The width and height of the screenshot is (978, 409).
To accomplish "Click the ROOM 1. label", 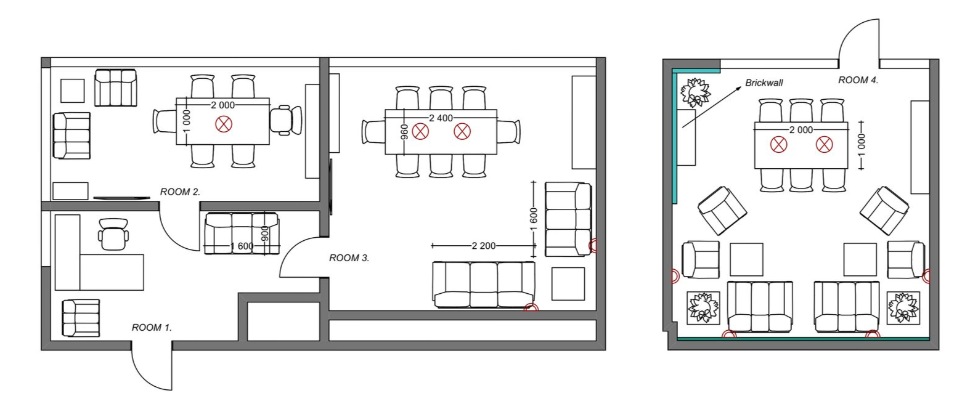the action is tap(152, 327).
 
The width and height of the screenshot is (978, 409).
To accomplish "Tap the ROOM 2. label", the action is tap(180, 192).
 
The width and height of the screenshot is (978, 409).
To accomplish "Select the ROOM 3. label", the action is tap(349, 258).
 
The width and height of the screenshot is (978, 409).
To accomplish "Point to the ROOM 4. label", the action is tap(858, 80).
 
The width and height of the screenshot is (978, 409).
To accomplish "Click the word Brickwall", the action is tap(764, 83).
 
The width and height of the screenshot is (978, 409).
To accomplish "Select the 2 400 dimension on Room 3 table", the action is tap(441, 118).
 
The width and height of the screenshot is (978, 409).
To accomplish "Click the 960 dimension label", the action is tap(404, 132).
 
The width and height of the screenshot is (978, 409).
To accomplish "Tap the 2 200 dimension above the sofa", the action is tap(484, 246).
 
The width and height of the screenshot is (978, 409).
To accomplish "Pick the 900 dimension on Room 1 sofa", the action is tap(264, 235).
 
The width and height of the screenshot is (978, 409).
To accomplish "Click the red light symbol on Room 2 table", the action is tap(224, 124).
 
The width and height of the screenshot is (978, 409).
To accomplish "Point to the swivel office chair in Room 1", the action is tap(113, 235).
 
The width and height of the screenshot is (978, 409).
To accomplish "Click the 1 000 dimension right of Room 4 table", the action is tap(862, 145).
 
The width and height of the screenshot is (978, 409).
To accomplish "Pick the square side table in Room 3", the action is tap(568, 284).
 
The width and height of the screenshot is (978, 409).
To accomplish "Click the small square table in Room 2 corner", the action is tap(73, 91).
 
